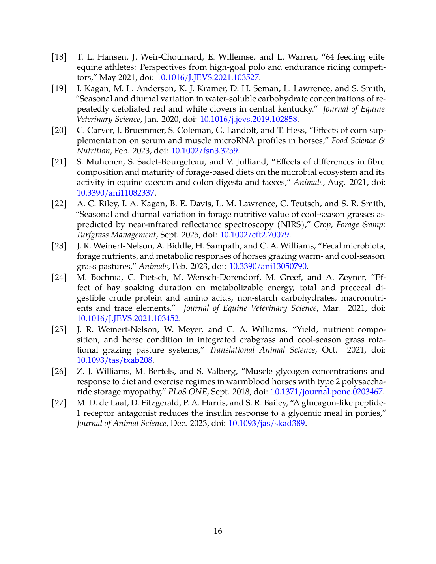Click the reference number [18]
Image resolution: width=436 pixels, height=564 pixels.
click(59, 57)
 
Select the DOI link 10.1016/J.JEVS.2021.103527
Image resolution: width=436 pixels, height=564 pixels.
click(208, 78)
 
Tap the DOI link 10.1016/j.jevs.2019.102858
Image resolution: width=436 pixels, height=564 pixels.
click(249, 119)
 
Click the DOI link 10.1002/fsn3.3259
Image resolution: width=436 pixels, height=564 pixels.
click(204, 151)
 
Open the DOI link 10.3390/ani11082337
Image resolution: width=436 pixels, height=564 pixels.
click(116, 193)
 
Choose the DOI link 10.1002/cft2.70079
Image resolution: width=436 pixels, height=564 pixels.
click(254, 235)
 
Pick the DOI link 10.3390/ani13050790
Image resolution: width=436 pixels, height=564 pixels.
click(268, 266)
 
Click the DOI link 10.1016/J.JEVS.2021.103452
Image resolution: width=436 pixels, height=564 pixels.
click(128, 318)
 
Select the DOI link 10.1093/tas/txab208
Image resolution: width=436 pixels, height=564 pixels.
click(114, 360)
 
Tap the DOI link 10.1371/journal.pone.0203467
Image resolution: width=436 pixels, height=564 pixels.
click(326, 392)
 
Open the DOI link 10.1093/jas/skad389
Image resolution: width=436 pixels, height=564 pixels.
click(267, 423)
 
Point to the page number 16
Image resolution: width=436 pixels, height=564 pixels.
click(218, 531)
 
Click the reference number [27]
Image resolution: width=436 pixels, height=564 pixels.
click(59, 403)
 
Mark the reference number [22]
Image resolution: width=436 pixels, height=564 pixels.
click(59, 204)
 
